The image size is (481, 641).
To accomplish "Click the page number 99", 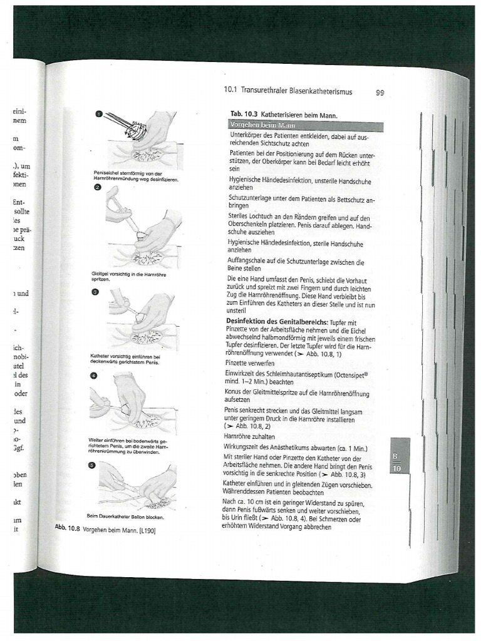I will [380, 93].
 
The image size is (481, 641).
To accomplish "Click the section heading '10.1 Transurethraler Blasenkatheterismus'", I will [288, 91].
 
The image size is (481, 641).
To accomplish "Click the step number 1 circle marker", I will [99, 114].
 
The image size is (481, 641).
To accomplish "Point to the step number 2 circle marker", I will [98, 188].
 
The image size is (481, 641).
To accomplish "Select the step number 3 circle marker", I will [95, 292].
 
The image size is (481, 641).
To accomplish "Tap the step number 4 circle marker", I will [93, 376].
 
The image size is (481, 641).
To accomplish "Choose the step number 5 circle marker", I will [91, 465].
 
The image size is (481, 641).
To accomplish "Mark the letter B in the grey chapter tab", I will [396, 456].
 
